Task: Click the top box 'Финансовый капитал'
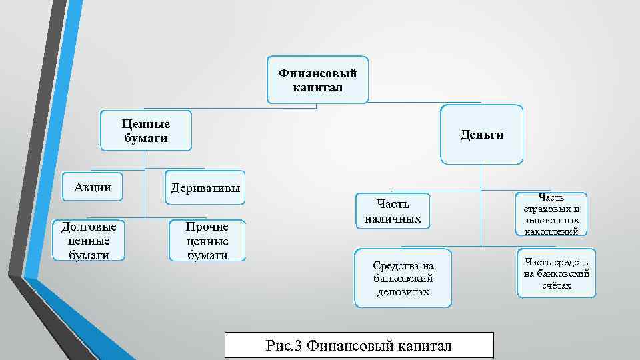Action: (317, 79)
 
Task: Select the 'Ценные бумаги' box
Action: (146, 131)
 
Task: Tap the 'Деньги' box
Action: (481, 135)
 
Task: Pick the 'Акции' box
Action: (93, 187)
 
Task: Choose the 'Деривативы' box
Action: (205, 188)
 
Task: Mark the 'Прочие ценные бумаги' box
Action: (207, 241)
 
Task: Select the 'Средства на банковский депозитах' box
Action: (403, 279)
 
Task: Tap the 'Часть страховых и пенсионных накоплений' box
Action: (551, 214)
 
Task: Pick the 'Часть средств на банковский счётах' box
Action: (557, 273)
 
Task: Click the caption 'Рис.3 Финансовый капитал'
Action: (359, 345)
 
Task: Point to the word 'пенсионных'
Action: (551, 220)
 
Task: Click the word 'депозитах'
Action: (403, 292)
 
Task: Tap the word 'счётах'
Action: (557, 285)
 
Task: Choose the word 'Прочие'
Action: (207, 227)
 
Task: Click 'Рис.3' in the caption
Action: (284, 345)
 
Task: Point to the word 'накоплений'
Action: (551, 231)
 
